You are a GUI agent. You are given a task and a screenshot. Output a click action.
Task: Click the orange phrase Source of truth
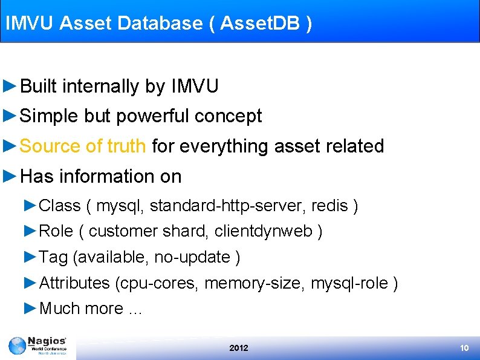click(x=83, y=146)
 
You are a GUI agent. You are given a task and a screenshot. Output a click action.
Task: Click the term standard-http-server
click(x=228, y=206)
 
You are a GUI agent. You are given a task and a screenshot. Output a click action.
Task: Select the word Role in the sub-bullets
click(x=56, y=231)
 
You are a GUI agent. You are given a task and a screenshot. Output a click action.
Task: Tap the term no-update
click(x=193, y=257)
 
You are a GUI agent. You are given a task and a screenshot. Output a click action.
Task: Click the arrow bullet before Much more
click(x=31, y=308)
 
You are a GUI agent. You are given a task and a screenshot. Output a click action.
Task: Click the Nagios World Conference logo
click(x=38, y=347)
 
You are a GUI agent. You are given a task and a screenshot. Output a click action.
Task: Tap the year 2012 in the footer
click(x=239, y=348)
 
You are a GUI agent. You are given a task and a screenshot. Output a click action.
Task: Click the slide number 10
click(x=464, y=348)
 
